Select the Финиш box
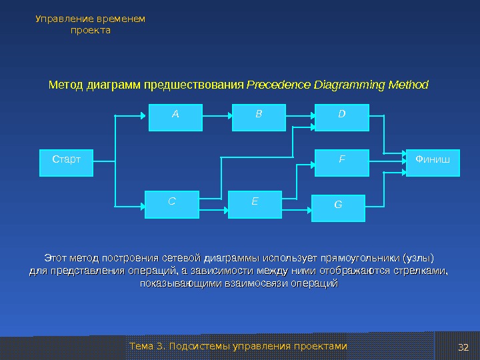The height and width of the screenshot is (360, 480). point(433,163)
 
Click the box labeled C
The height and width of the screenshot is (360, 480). point(172,203)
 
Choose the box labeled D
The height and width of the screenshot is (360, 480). point(341,117)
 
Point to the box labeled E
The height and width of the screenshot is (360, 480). point(255,203)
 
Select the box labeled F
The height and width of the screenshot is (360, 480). point(341,163)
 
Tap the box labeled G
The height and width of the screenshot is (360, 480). point(339,207)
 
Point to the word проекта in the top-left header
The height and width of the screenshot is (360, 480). point(90,31)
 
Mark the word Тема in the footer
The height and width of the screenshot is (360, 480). point(140,347)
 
